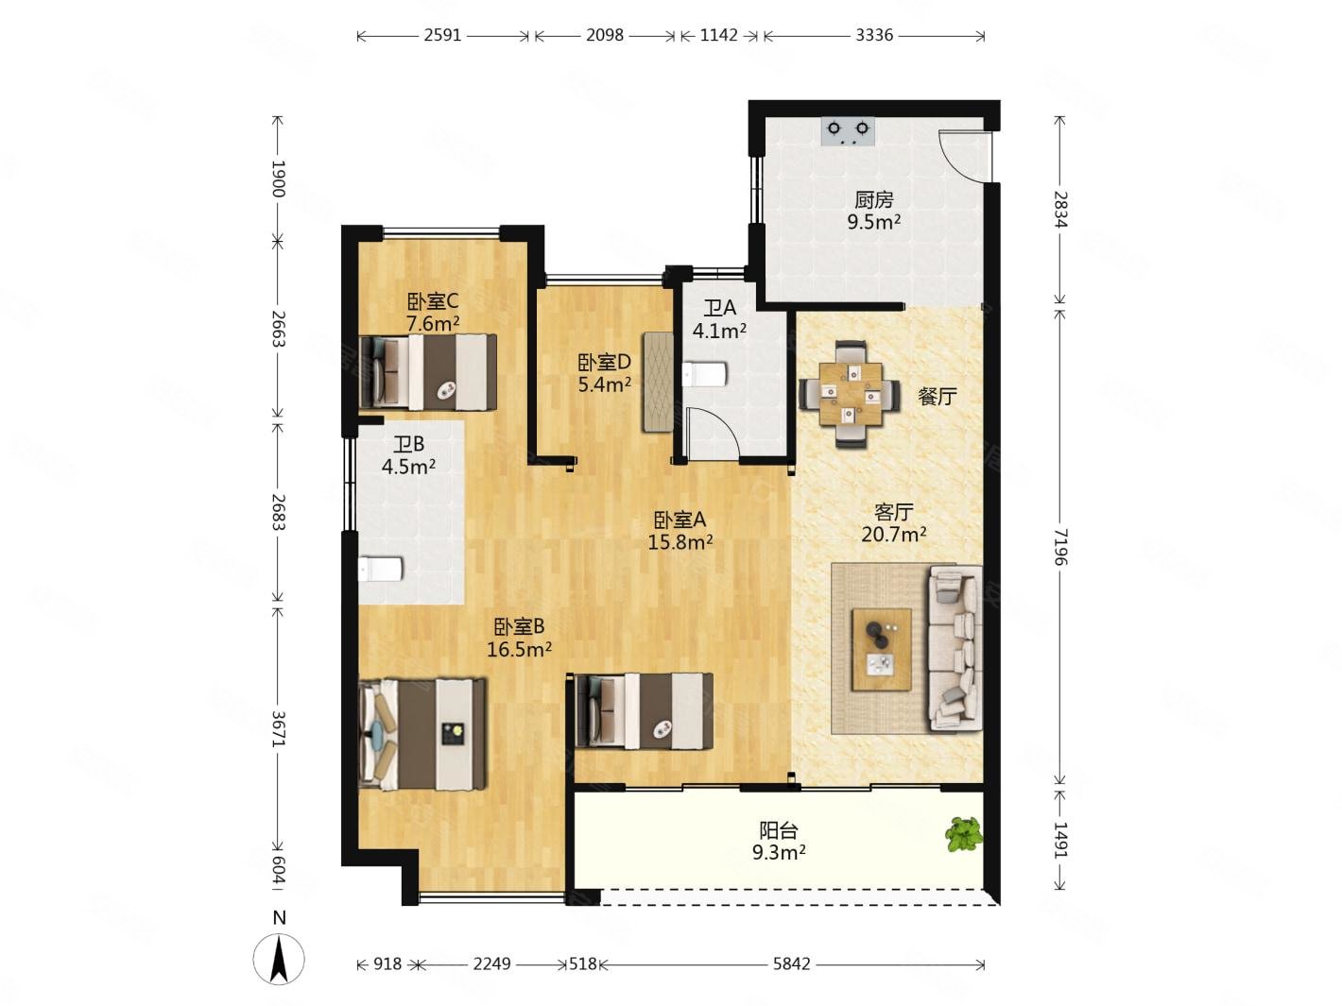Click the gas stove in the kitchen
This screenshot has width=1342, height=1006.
pos(848,131)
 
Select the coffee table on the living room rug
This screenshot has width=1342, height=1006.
pos(881,649)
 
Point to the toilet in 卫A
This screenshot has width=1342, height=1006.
pos(704,374)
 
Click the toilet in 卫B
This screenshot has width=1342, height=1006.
pos(380,569)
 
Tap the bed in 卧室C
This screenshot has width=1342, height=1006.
pos(428,371)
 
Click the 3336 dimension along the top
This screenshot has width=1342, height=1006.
pos(873,36)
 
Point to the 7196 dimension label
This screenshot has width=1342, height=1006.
pos(1059,547)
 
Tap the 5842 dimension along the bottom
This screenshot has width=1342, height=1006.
pos(791,963)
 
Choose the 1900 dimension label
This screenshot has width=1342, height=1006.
pos(278,179)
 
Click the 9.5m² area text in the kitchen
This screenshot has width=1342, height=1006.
pos(873,221)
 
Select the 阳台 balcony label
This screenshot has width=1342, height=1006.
pos(779,830)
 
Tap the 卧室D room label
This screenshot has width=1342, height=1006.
pos(604,362)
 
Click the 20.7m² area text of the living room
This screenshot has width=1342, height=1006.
pos(893,534)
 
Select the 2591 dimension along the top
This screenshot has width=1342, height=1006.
pos(442,36)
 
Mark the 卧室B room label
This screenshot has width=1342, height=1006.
pos(519,626)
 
